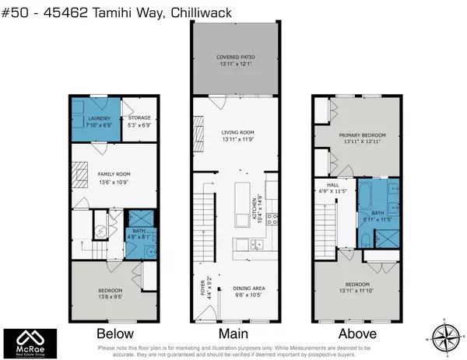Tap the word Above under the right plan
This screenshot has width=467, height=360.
[x=356, y=334]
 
